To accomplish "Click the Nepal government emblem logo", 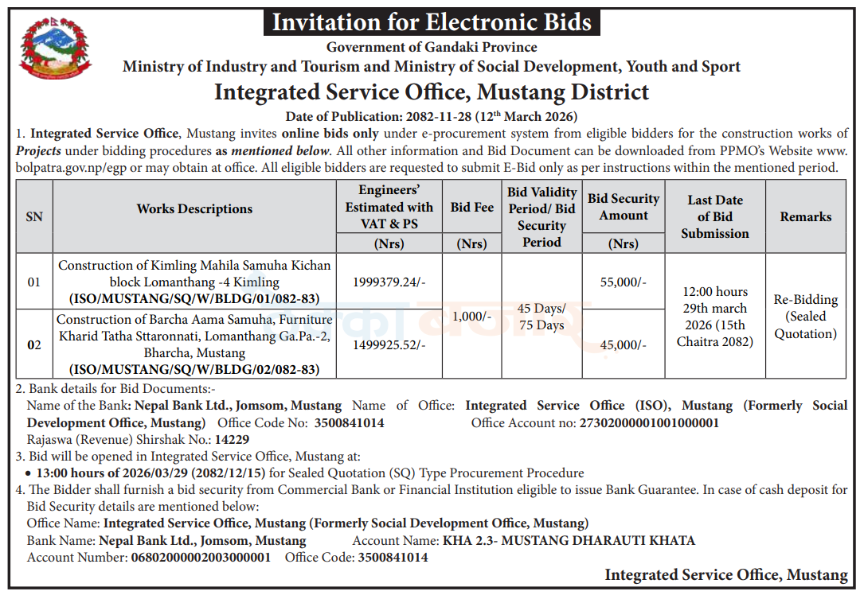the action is pyautogui.click(x=55, y=49).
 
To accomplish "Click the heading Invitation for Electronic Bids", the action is pyautogui.click(x=432, y=22).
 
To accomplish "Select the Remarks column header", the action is pyautogui.click(x=806, y=217).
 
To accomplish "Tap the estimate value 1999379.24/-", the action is pyautogui.click(x=389, y=282).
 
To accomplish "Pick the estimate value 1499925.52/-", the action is pyautogui.click(x=389, y=345).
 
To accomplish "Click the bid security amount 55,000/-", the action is pyautogui.click(x=624, y=282).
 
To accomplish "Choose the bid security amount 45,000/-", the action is pyautogui.click(x=624, y=345).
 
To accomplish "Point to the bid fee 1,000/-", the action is pyautogui.click(x=471, y=316).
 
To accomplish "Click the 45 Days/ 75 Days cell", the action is pyautogui.click(x=541, y=317).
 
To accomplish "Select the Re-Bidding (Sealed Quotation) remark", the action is pyautogui.click(x=806, y=317).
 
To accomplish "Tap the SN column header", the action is pyautogui.click(x=34, y=217).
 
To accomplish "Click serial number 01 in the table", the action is pyautogui.click(x=34, y=282).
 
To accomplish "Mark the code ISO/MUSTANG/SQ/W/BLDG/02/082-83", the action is pyautogui.click(x=194, y=369).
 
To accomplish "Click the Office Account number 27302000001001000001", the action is pyautogui.click(x=649, y=423).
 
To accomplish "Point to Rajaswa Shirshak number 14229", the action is pyautogui.click(x=232, y=440).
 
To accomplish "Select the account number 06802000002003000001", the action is pyautogui.click(x=201, y=558).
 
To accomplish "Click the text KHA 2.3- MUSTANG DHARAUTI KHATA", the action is pyautogui.click(x=569, y=541).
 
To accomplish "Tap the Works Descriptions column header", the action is pyautogui.click(x=194, y=209).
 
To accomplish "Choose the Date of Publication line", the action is pyautogui.click(x=432, y=117).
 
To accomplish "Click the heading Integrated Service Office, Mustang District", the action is pyautogui.click(x=432, y=92).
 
